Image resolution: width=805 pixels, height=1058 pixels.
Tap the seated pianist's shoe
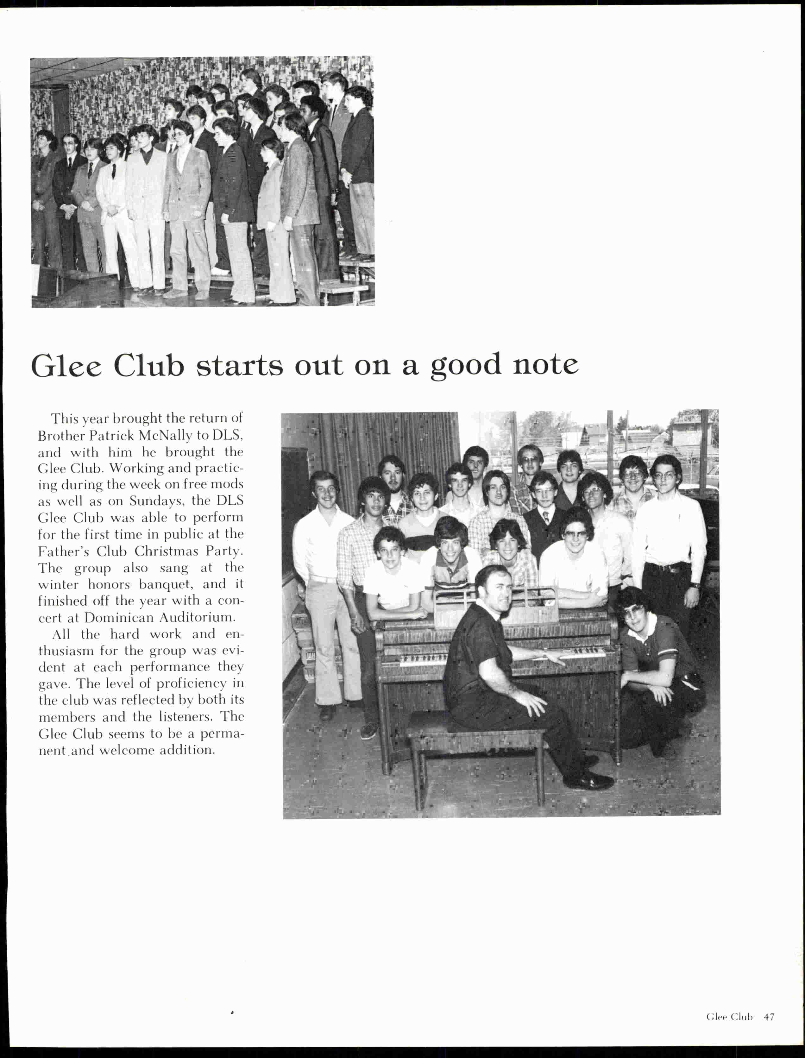click(588, 782)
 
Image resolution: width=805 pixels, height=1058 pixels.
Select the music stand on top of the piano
click(496, 606)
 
